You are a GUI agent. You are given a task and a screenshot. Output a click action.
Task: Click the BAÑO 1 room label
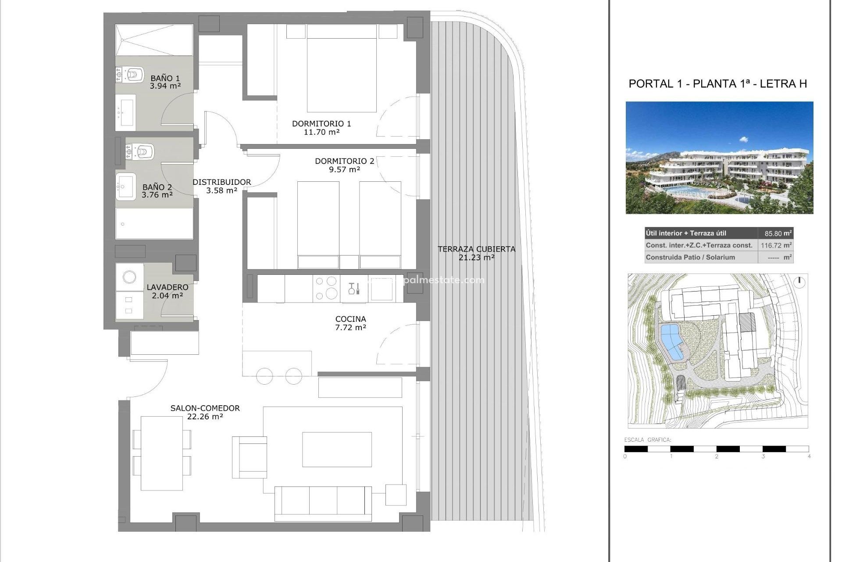tap(165, 79)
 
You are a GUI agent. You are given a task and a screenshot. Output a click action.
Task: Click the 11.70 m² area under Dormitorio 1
tap(321, 132)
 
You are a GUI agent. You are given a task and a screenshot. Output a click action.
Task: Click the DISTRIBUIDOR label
tap(222, 182)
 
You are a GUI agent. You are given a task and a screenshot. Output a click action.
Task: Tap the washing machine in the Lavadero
tap(129, 277)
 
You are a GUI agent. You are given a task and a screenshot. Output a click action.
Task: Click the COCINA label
tap(350, 319)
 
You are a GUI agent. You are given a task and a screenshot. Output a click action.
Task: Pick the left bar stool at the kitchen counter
tap(264, 376)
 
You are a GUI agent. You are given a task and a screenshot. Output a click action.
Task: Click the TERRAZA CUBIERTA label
tap(476, 249)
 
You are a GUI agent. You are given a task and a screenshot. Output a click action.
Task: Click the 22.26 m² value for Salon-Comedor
tap(205, 416)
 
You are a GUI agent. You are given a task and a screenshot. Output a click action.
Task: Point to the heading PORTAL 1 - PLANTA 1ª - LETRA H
tap(717, 83)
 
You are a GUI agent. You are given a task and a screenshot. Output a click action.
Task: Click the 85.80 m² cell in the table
tap(775, 234)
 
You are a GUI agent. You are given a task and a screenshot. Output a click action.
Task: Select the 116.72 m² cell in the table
tap(775, 245)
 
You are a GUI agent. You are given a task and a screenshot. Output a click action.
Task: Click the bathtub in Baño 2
tap(154, 223)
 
